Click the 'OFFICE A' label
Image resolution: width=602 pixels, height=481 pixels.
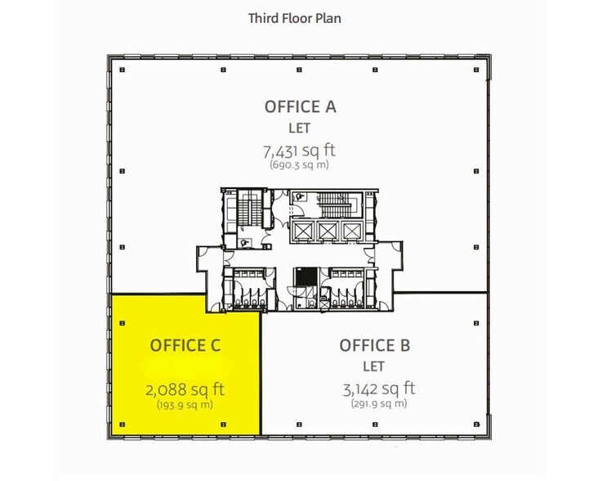tap(300, 106)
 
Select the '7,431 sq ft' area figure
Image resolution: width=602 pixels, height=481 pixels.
tap(300, 151)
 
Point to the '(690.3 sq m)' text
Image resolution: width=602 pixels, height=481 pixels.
tap(300, 164)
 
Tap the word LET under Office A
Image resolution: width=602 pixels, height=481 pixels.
tap(300, 128)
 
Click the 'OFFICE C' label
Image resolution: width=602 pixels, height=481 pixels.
tap(185, 345)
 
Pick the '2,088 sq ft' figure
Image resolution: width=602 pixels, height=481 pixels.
tap(185, 389)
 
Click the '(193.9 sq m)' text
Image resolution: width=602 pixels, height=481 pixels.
tap(185, 404)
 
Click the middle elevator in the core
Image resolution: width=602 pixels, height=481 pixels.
tap(328, 231)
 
